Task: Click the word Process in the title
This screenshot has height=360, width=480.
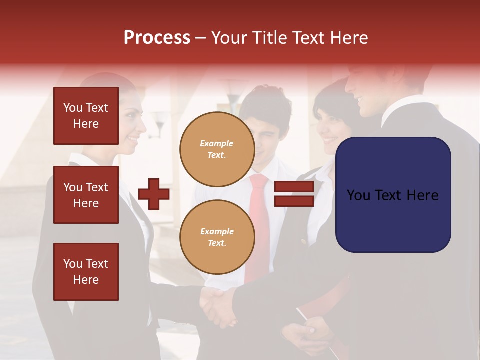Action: coord(157,38)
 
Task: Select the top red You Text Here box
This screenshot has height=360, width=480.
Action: coord(86,116)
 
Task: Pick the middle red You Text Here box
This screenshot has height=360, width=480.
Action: coord(86,195)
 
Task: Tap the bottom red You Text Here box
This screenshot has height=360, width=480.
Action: coord(86,272)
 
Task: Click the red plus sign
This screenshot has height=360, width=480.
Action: coord(154,194)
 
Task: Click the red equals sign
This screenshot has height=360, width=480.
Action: coord(294,194)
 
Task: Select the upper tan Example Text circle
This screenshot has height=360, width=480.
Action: coord(217,149)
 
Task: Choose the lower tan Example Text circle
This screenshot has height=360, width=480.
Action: coord(217,237)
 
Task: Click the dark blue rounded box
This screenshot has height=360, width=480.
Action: coord(393,195)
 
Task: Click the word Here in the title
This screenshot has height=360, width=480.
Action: coord(350,38)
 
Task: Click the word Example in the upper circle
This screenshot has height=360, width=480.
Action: coord(216,143)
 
